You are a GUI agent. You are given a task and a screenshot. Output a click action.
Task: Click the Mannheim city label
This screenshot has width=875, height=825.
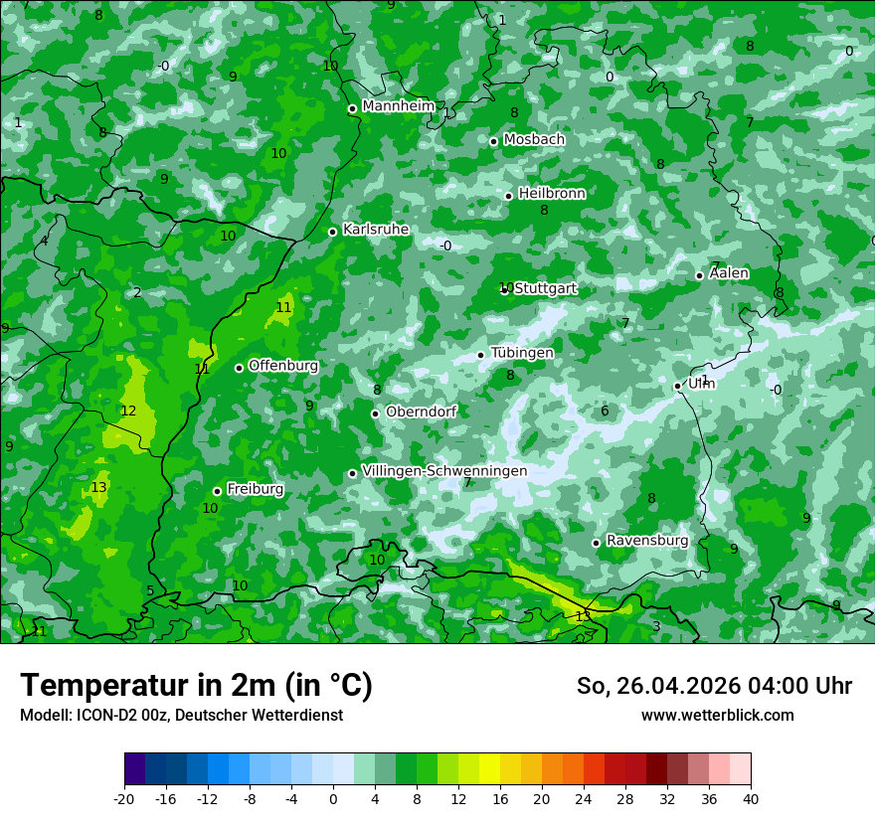click(399, 106)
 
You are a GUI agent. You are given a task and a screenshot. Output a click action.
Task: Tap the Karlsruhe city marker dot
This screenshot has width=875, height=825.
click(333, 232)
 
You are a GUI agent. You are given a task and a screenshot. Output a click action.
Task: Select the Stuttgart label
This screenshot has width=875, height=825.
click(545, 288)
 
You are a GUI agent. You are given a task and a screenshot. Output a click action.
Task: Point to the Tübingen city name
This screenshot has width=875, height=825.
click(522, 353)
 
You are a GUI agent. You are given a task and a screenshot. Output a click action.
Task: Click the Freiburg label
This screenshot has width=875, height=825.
click(255, 489)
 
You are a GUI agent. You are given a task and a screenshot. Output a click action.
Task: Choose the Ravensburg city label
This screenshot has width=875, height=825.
click(647, 541)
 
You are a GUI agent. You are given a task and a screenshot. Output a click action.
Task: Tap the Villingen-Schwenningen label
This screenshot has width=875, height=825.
click(444, 470)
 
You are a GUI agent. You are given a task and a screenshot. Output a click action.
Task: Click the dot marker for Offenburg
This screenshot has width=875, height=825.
click(239, 368)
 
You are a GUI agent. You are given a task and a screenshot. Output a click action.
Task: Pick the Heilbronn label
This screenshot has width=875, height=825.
click(552, 194)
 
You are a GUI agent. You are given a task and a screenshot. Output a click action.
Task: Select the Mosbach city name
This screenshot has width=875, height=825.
click(534, 140)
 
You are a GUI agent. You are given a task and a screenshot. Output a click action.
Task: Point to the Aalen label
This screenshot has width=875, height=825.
click(729, 273)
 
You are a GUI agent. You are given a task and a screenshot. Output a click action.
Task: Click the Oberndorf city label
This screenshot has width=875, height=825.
click(421, 412)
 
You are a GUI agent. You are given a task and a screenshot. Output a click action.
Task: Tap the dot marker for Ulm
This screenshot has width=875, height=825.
click(678, 386)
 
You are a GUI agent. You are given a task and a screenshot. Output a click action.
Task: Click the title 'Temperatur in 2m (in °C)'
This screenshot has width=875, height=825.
click(196, 685)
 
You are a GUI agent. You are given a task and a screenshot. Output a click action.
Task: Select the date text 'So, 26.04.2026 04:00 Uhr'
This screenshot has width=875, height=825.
click(714, 686)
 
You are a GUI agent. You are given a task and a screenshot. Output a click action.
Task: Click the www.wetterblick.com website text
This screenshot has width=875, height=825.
click(717, 716)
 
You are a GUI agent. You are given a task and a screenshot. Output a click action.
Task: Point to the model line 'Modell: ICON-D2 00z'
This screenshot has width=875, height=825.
click(181, 716)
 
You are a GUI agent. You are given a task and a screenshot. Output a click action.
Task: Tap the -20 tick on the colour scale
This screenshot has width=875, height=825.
click(124, 799)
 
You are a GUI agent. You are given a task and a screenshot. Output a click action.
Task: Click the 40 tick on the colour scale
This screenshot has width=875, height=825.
click(750, 799)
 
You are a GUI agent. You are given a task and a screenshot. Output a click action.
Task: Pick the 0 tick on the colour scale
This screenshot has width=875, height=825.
click(333, 799)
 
